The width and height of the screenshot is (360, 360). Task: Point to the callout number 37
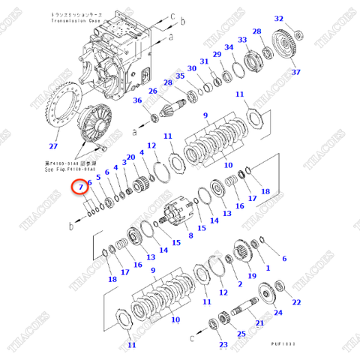tap(295, 72)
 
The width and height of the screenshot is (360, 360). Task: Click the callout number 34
tap(229, 48)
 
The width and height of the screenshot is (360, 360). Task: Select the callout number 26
tap(152, 91)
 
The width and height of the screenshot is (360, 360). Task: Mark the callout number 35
tap(179, 76)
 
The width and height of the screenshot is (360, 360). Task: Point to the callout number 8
tap(190, 235)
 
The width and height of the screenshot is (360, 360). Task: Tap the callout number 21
tap(259, 322)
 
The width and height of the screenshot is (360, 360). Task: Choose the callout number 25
tap(240, 334)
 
